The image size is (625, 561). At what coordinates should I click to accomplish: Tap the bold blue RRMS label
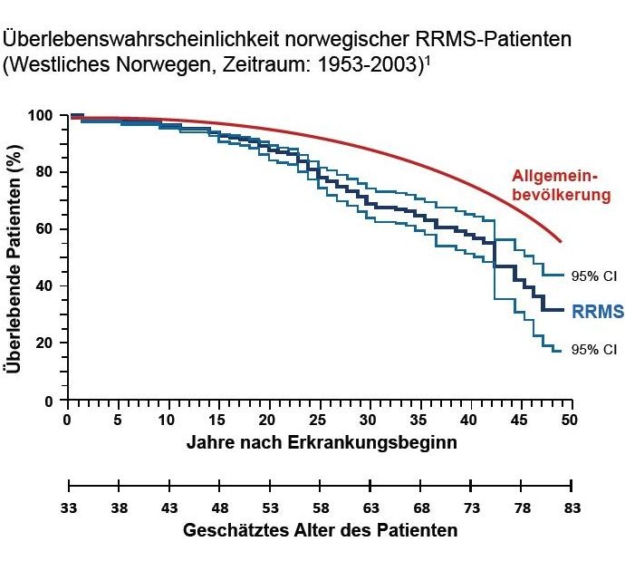coord(598,312)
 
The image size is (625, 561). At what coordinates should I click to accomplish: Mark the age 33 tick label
coord(69,508)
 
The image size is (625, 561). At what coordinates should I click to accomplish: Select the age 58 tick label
coord(320,508)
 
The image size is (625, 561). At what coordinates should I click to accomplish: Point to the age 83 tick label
coord(571,508)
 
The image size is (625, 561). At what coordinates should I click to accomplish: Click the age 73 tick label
coord(470,508)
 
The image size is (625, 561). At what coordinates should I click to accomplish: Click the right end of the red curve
coord(562,242)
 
